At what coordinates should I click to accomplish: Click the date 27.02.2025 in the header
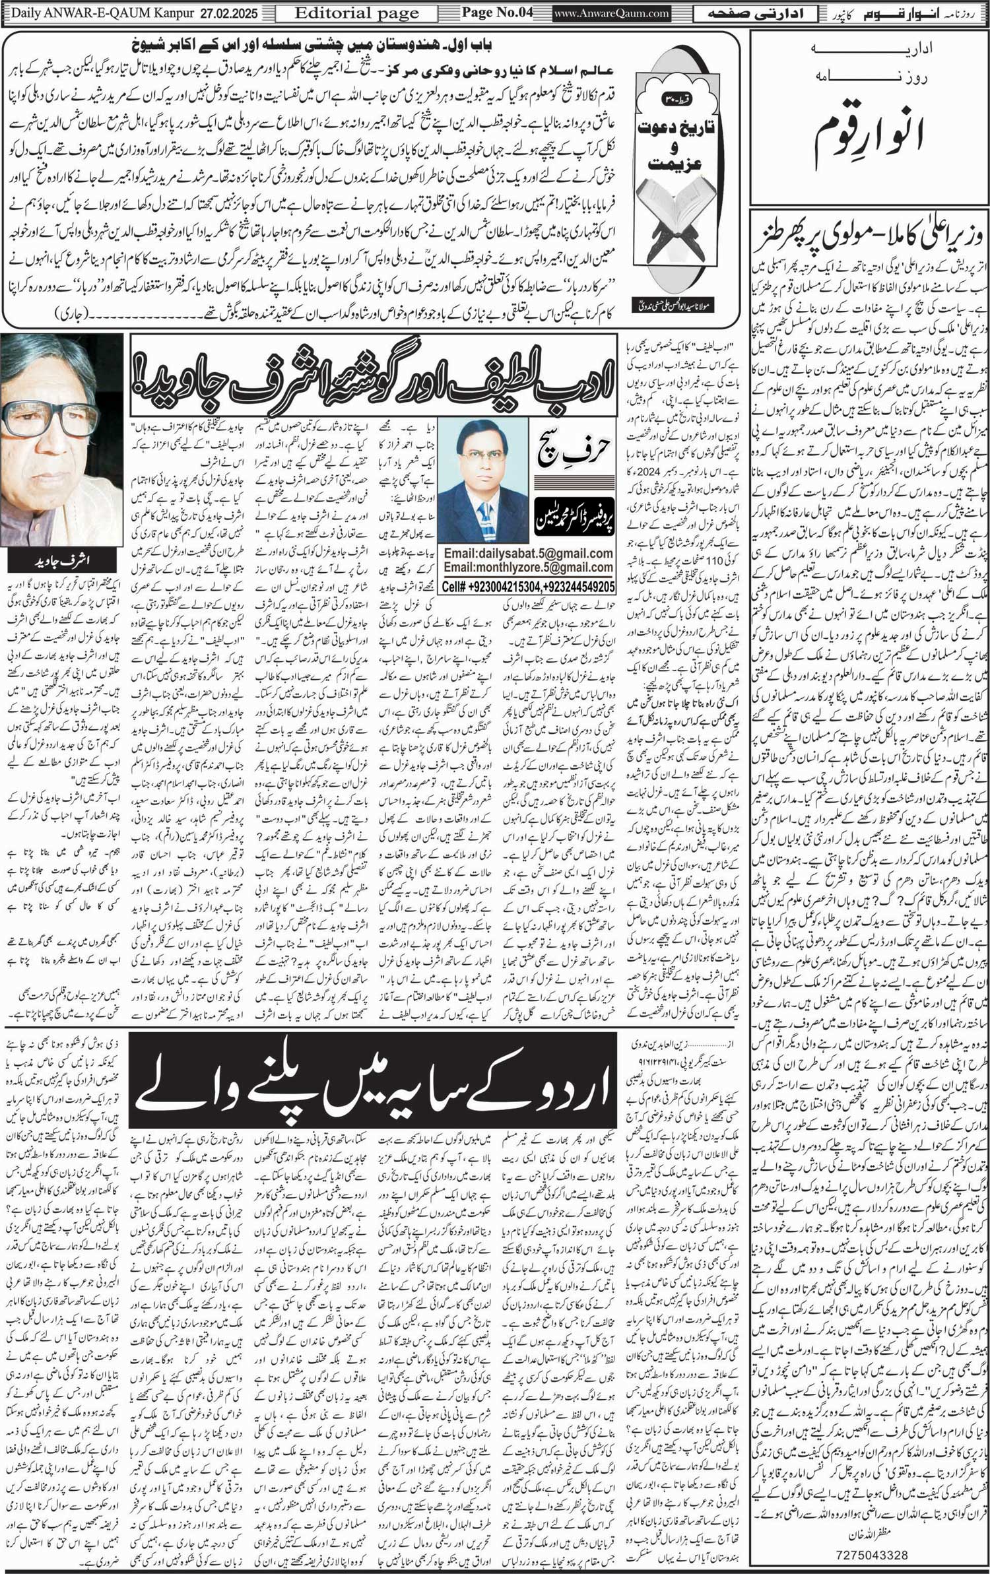228,13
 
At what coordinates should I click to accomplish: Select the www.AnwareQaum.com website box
611,13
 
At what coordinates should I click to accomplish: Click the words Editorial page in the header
356,13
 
